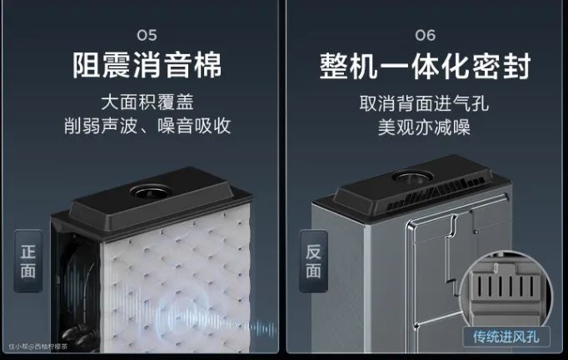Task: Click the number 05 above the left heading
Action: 147,35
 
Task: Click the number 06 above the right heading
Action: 426,35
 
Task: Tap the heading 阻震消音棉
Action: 147,65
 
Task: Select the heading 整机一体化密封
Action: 426,66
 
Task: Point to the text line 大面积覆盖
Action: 147,102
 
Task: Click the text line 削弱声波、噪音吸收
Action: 147,126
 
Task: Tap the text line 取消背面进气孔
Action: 424,103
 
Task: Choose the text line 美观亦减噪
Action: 424,127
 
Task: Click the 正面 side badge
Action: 27,261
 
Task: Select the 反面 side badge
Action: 313,261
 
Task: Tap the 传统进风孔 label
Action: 506,337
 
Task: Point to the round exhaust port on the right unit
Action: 413,177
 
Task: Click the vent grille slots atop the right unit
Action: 435,194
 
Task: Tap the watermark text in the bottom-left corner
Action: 38,347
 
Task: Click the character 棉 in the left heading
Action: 207,65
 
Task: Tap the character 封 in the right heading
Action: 516,66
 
